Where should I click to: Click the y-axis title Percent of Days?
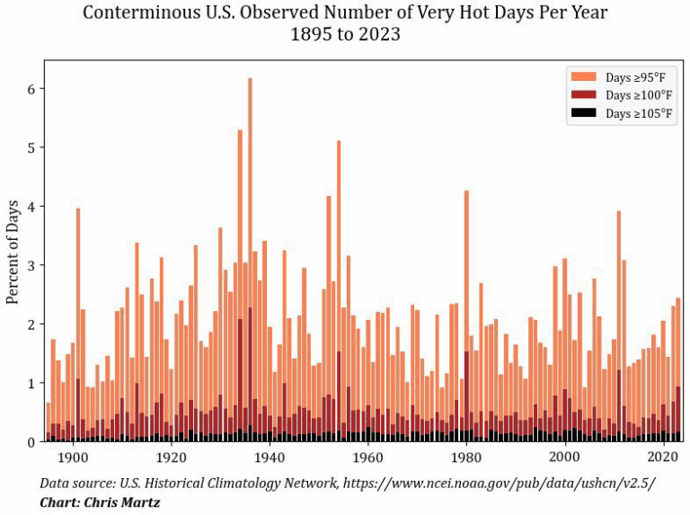(x=13, y=251)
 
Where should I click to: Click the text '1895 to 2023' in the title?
(x=345, y=36)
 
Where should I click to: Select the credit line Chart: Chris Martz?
(x=100, y=502)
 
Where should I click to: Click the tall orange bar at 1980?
(x=466, y=270)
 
